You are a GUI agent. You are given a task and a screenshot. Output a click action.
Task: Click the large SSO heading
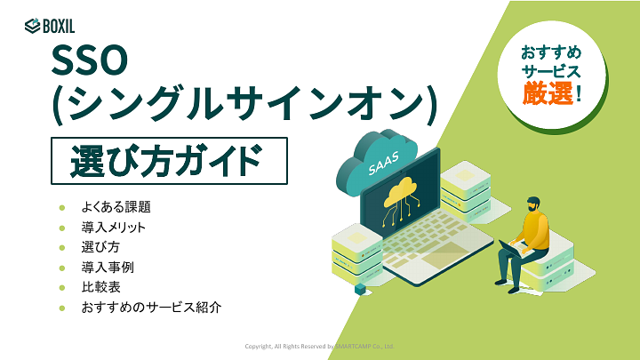(x=92, y=64)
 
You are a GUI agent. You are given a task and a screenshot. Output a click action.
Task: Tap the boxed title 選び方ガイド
(x=168, y=162)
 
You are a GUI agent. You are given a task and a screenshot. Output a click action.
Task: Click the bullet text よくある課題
(x=116, y=207)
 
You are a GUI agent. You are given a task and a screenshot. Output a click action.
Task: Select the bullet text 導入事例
(x=108, y=268)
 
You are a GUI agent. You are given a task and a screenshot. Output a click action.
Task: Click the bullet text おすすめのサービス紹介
(x=150, y=308)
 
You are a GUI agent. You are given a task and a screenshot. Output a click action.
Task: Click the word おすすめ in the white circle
(x=551, y=51)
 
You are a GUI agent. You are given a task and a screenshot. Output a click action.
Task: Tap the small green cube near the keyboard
(x=360, y=289)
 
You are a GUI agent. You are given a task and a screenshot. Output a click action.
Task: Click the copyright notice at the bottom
(x=319, y=346)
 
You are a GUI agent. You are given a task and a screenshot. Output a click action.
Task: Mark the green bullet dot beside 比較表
(x=61, y=288)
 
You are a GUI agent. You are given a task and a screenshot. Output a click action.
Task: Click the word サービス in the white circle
(x=551, y=70)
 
